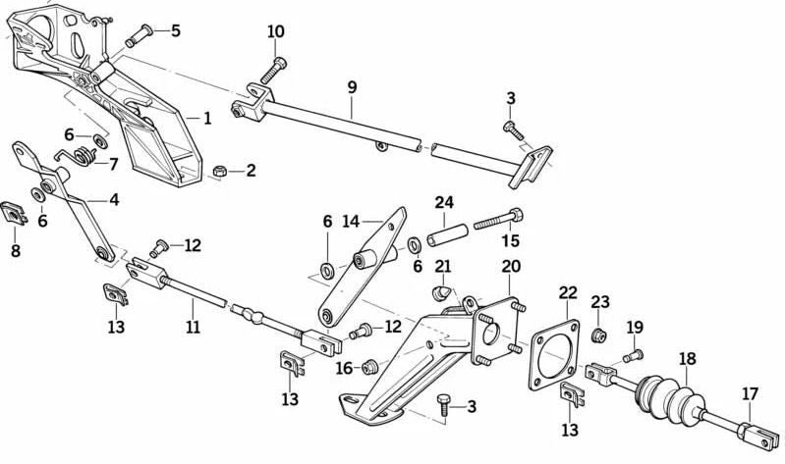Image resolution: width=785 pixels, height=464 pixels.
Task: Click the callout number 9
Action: [x=352, y=87]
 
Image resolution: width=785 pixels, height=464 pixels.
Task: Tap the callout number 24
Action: [x=444, y=204]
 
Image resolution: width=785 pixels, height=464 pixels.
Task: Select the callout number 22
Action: [x=569, y=293]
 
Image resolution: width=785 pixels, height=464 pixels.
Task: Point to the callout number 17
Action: [x=751, y=394]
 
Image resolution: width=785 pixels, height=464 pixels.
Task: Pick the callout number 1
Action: [x=207, y=118]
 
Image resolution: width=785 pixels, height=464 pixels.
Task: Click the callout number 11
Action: [x=193, y=327]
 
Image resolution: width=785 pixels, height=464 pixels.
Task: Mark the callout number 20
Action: [x=511, y=265]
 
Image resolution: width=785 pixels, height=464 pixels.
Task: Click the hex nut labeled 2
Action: [x=220, y=172]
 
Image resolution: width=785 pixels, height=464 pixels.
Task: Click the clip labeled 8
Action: [x=15, y=212]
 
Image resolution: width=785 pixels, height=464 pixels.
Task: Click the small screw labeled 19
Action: [x=633, y=355]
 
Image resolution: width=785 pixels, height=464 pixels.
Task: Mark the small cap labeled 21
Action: [x=442, y=291]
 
